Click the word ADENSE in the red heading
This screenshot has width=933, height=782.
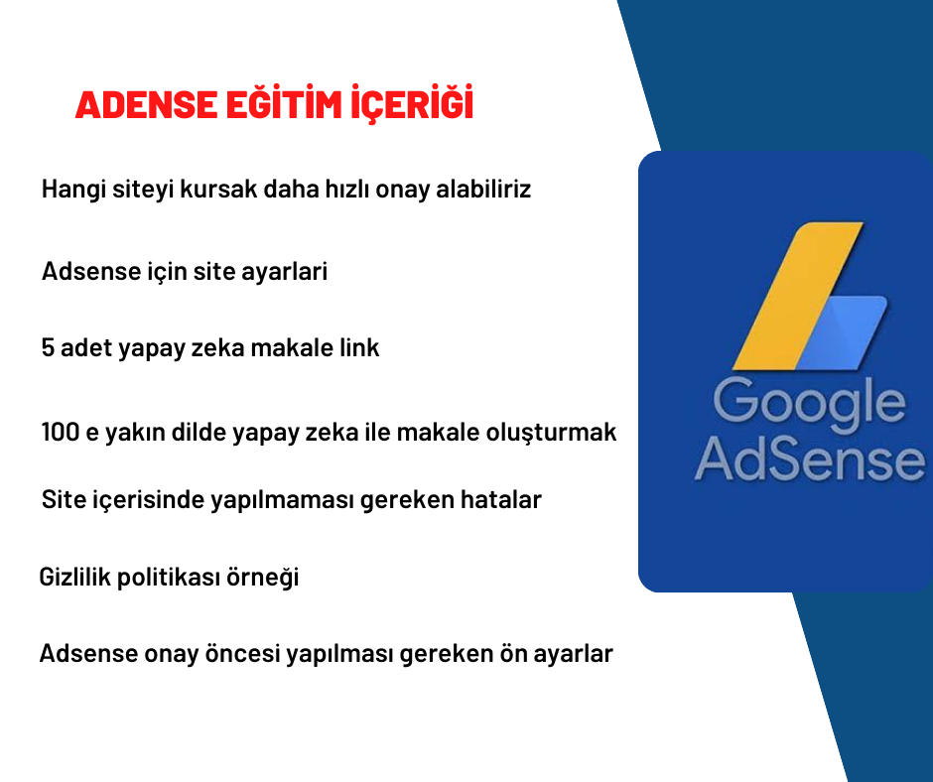tap(146, 105)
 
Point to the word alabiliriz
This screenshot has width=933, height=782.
tap(483, 190)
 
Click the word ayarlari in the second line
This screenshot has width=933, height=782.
tap(285, 272)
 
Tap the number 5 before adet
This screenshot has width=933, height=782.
tap(48, 347)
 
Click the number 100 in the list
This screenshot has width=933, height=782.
tap(61, 432)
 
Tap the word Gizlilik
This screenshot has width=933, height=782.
tap(75, 577)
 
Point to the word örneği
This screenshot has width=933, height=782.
tap(262, 578)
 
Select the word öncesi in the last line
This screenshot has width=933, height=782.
tap(242, 653)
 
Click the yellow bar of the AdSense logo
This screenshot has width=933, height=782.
tap(797, 296)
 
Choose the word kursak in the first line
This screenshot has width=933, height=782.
tap(218, 190)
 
